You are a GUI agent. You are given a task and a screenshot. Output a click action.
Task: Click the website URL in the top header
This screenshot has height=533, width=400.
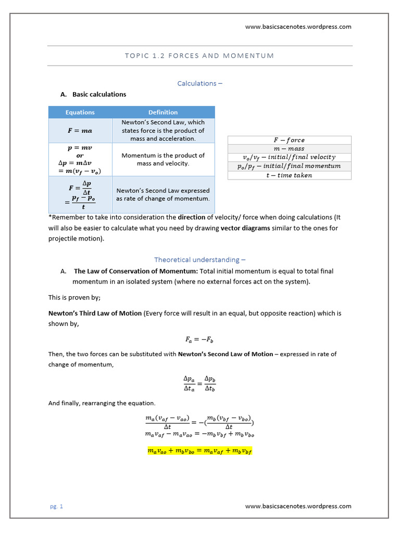[298, 27]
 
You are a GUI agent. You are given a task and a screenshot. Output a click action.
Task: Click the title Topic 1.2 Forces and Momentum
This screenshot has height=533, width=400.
[199, 56]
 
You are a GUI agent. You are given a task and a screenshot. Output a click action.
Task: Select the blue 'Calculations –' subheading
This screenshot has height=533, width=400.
[199, 83]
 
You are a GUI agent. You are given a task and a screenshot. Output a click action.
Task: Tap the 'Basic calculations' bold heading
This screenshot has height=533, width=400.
[99, 94]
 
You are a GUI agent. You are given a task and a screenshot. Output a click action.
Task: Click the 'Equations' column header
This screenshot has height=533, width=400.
[80, 112]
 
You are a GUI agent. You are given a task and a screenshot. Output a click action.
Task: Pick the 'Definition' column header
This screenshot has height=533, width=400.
[163, 112]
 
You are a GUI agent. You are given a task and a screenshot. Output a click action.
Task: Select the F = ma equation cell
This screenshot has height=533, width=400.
[80, 131]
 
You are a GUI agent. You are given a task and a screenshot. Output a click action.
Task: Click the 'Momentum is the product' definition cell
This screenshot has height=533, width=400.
[163, 159]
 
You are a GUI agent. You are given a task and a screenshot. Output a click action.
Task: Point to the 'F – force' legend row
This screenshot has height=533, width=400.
[289, 140]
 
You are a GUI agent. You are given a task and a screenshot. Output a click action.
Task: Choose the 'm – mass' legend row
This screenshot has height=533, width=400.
[289, 148]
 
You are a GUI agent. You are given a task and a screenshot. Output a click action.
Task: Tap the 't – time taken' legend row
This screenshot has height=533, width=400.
[289, 175]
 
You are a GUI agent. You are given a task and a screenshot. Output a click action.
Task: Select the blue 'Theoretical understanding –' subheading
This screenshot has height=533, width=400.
[199, 259]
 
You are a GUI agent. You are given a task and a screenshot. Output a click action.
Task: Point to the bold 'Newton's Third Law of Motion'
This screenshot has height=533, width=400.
[95, 313]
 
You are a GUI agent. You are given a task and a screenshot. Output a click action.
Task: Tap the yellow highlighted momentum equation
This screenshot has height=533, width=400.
[199, 451]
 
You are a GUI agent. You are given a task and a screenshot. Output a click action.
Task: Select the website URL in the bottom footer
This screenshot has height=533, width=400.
[298, 506]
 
